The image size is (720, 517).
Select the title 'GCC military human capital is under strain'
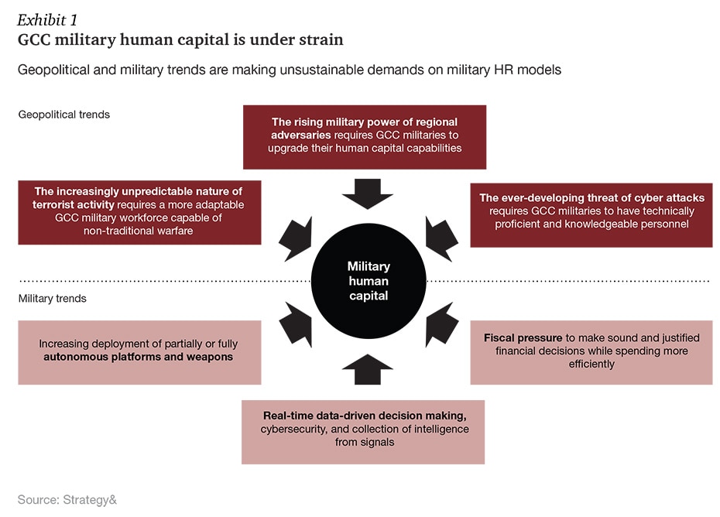tap(180, 39)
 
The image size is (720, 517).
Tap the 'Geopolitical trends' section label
tap(64, 115)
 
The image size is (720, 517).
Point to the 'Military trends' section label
tap(53, 298)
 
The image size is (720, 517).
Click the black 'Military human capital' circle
tap(368, 280)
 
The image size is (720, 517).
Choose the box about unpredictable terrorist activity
tap(139, 212)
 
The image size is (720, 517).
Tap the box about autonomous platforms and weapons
tap(139, 351)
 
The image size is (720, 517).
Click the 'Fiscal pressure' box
tap(591, 351)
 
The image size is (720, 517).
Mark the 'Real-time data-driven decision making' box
tap(362, 431)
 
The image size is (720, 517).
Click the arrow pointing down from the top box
tap(368, 194)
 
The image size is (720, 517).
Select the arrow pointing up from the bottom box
tap(368, 368)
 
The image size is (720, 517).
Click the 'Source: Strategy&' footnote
tap(67, 500)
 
